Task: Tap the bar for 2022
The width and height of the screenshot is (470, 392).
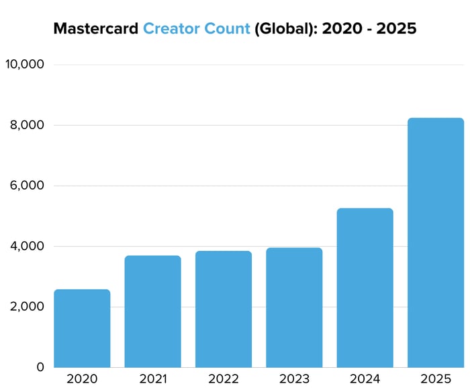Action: [x=224, y=309]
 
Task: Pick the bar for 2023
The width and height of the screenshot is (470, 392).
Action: [x=294, y=307]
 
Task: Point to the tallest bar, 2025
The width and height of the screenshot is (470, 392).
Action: [x=436, y=243]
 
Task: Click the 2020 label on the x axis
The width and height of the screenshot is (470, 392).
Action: [x=82, y=379]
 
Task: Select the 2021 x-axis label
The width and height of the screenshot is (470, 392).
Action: [x=152, y=379]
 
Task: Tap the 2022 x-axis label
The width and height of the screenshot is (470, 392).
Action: [x=224, y=379]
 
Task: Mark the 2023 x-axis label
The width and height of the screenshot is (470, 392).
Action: [x=294, y=379]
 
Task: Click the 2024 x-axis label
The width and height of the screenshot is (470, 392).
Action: [x=365, y=379]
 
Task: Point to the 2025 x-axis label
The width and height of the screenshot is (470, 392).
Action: [x=436, y=379]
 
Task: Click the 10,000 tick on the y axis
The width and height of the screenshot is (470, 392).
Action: [x=24, y=65]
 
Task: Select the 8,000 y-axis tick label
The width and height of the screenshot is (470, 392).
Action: [x=26, y=126]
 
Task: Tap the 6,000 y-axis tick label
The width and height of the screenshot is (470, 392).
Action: [x=26, y=186]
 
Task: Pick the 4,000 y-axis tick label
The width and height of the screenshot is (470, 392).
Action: [x=26, y=247]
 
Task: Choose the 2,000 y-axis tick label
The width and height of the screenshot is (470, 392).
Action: [x=26, y=307]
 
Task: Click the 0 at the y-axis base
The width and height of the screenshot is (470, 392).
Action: [x=40, y=367]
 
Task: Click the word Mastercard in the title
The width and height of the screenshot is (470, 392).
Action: [x=96, y=29]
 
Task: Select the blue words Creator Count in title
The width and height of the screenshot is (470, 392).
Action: [x=196, y=29]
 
